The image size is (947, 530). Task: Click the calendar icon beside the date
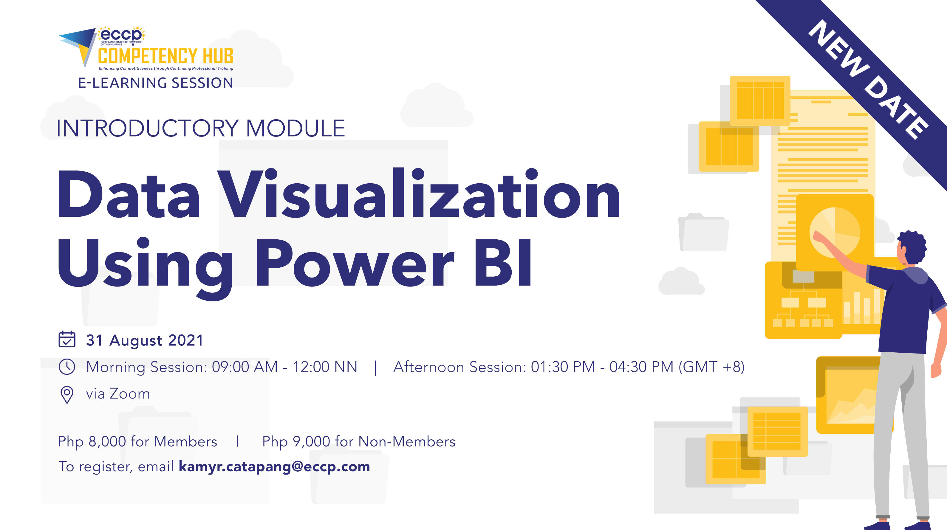[67, 339]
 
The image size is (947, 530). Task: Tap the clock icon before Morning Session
[67, 367]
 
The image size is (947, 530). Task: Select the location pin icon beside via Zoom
[67, 395]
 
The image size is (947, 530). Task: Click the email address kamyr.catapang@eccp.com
[274, 467]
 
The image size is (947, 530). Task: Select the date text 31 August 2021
[145, 340]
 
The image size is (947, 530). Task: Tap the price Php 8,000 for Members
[138, 441]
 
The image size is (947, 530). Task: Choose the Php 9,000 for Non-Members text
[358, 441]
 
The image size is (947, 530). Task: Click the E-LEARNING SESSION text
[156, 83]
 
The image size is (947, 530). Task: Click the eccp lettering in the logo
[121, 35]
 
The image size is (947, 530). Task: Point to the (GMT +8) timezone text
[711, 367]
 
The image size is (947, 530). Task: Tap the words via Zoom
[118, 394]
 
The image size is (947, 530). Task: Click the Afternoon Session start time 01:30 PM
[562, 367]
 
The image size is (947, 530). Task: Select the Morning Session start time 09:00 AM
[245, 367]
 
